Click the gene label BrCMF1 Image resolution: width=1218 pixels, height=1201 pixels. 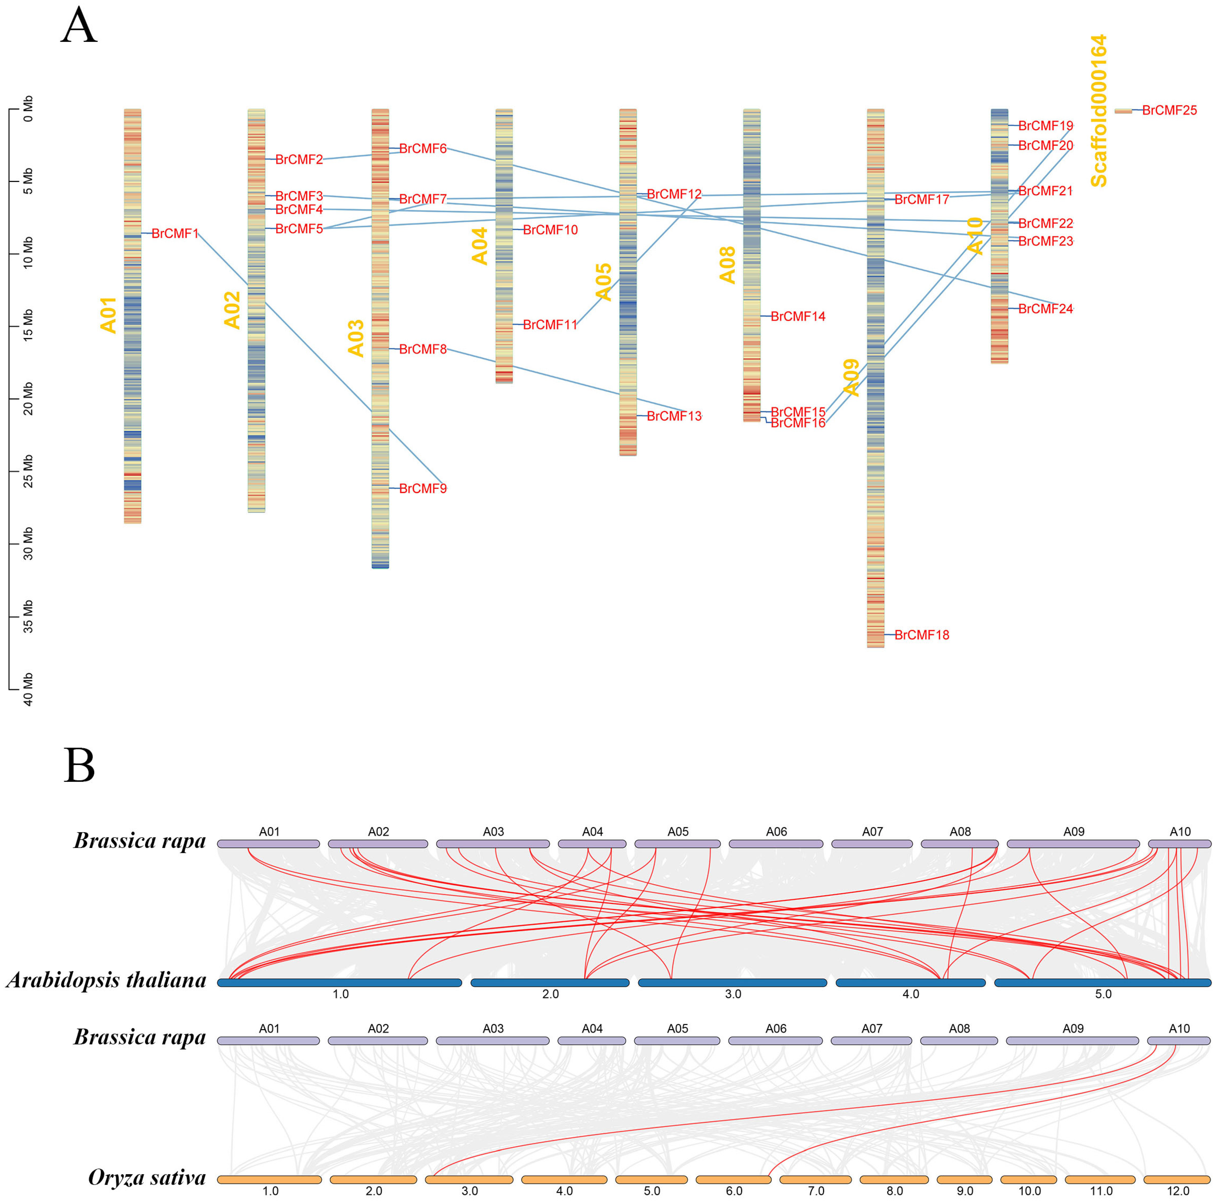175,234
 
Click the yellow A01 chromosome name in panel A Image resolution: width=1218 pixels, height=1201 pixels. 108,315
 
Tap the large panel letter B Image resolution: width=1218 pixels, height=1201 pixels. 79,766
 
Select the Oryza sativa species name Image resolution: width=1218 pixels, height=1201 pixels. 147,1177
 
